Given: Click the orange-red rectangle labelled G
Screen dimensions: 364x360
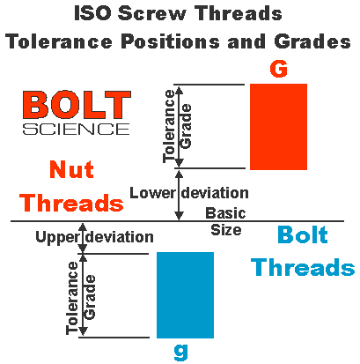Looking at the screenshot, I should click(278, 126).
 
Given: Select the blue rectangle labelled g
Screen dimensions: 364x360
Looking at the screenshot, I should click(185, 294).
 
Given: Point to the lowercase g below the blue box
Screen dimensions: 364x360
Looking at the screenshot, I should click(181, 351).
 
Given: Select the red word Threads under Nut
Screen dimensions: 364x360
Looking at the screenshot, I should click(71, 203).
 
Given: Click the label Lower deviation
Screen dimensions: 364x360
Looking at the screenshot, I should click(188, 192).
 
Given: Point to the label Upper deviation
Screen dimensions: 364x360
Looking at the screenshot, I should click(94, 236).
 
